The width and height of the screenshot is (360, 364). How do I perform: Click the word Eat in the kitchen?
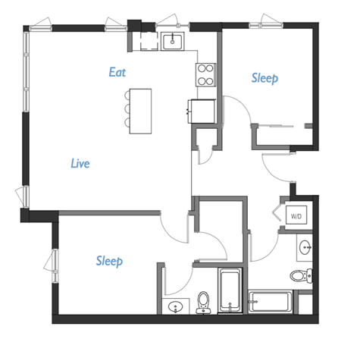coord(117,73)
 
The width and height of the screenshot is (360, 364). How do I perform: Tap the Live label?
coord(80,163)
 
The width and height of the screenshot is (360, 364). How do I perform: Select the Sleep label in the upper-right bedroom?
coord(265,78)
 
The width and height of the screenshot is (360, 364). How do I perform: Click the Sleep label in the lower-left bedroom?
coord(109,261)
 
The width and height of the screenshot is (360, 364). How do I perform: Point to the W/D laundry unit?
coord(296,215)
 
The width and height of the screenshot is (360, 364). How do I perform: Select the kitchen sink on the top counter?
coord(176,39)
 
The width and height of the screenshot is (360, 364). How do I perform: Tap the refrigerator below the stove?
coord(202,111)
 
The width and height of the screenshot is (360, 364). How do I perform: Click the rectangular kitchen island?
coord(139,111)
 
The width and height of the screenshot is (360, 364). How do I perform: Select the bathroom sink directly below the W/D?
coord(305,247)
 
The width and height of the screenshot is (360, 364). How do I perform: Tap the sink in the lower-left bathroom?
coord(176,307)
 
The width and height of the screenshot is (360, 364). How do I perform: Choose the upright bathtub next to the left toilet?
coord(229,290)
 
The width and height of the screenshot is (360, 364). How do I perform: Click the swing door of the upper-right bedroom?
coord(240,115)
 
